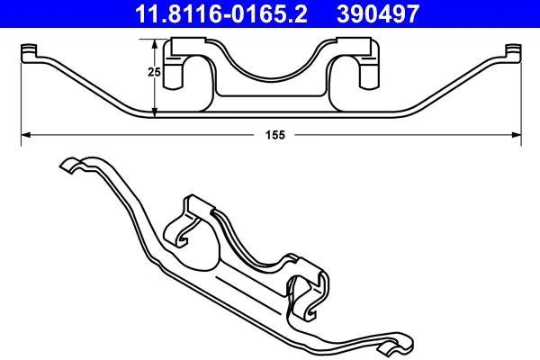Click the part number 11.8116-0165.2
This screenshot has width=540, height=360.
pos(220,13)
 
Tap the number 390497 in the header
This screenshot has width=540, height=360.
pos(378,13)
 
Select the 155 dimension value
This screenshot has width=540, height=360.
pos(275,135)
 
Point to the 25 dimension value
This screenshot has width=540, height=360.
pos(154,72)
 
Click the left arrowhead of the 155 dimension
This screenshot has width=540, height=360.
pos(26,135)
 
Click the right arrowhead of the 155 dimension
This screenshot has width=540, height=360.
pos(517,135)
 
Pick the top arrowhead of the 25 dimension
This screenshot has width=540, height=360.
pos(155,44)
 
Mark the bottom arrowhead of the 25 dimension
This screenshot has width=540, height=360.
pos(155,112)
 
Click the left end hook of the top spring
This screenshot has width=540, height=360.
pos(29,53)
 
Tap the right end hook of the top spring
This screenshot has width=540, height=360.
pos(514,53)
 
